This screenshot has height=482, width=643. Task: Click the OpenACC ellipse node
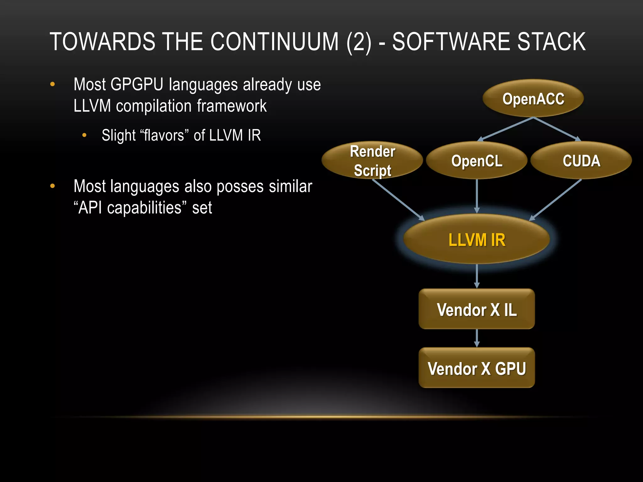tap(533, 99)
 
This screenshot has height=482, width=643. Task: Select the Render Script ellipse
tap(372, 161)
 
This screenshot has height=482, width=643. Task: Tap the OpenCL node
tap(477, 161)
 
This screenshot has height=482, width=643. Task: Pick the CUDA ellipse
tap(581, 161)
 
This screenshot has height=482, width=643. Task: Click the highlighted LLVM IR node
tap(477, 240)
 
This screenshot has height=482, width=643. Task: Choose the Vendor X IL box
tap(477, 309)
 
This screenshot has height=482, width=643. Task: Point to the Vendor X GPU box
tap(477, 368)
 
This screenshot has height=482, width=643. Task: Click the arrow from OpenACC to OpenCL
tap(505, 129)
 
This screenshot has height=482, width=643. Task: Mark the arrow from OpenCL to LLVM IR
tap(477, 196)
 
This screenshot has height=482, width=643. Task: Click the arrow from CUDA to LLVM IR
tap(556, 200)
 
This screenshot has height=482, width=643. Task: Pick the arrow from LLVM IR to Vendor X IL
tap(477, 276)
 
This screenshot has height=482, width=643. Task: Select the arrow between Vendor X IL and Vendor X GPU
tap(477, 338)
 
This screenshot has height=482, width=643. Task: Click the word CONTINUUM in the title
tap(274, 42)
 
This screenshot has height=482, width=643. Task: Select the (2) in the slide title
tap(359, 42)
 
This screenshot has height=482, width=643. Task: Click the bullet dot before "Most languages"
tap(52, 186)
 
